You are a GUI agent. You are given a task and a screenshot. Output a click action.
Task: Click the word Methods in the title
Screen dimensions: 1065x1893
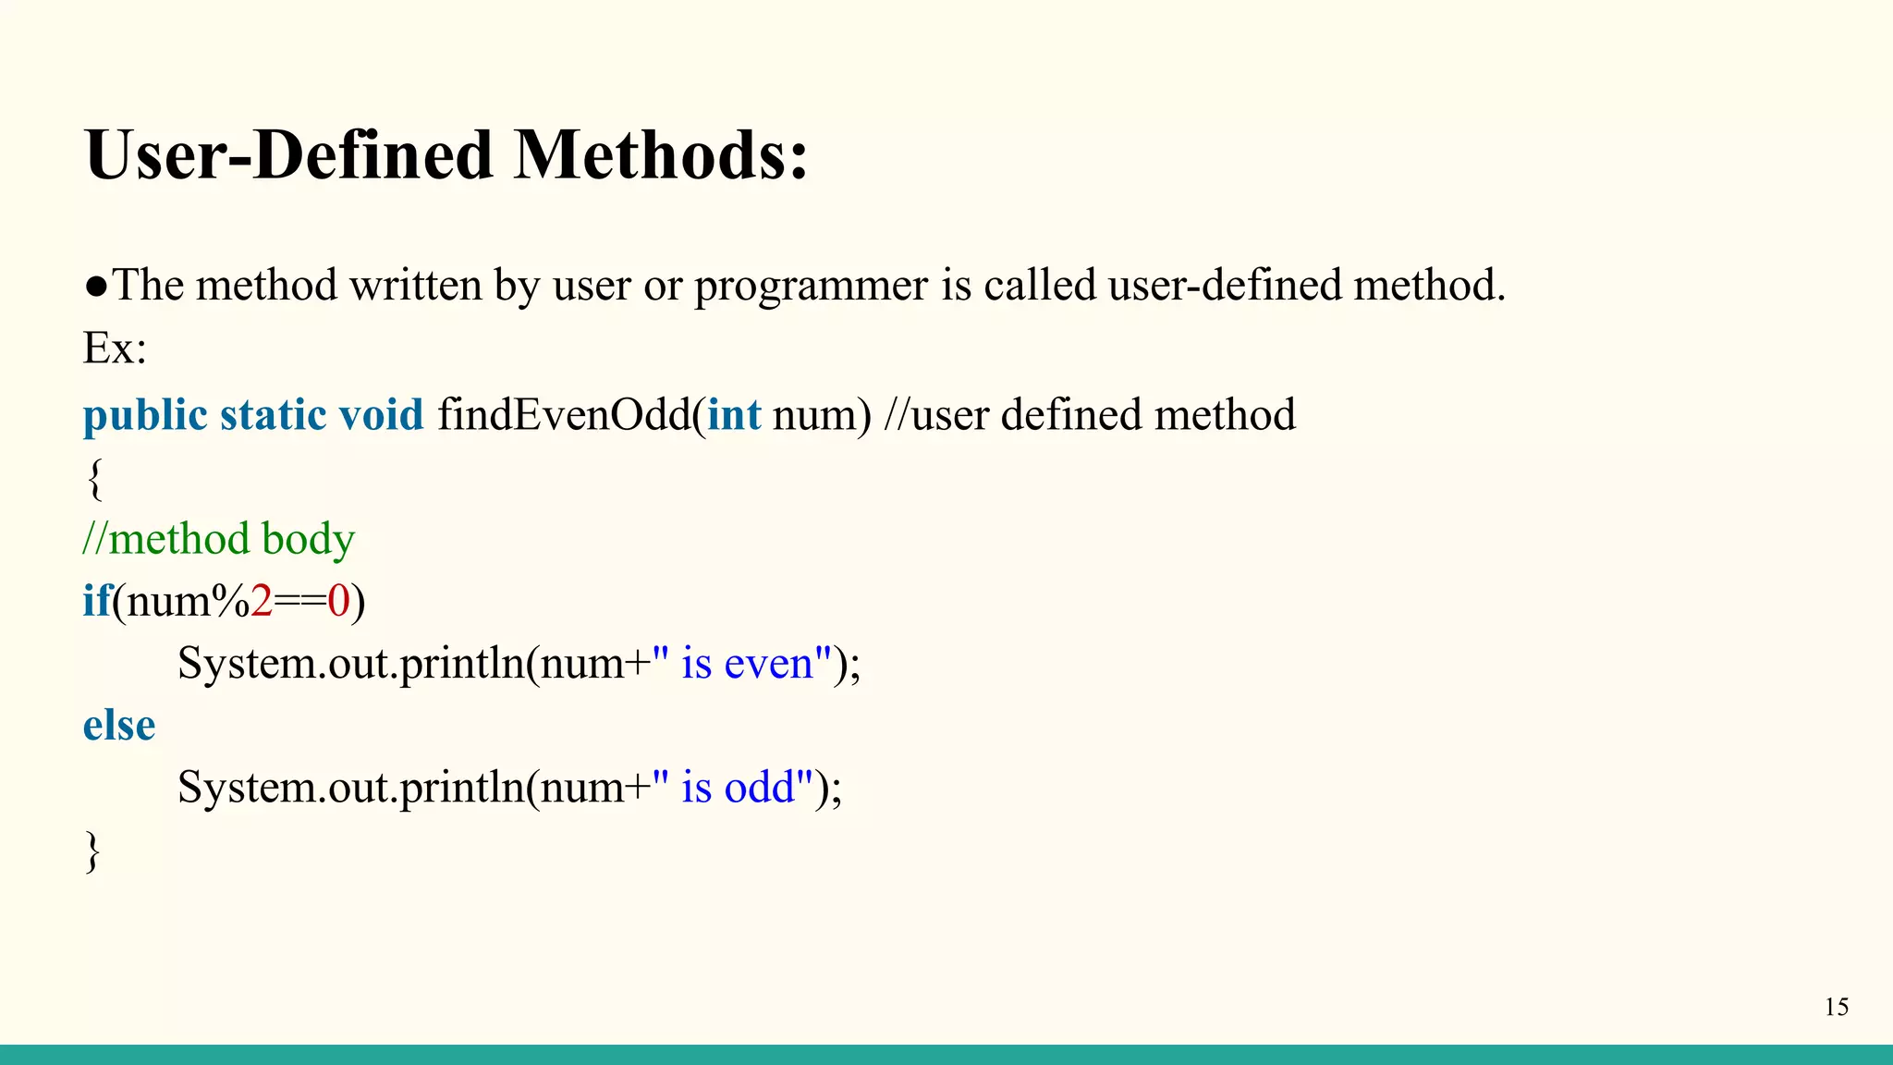660,155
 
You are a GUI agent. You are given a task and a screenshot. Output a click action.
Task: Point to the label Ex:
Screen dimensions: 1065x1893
115,349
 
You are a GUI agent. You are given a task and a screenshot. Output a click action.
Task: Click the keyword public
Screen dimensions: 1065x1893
145,415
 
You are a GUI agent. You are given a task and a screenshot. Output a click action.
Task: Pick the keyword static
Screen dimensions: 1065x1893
273,415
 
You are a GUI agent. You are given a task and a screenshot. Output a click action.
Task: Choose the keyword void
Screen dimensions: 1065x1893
381,415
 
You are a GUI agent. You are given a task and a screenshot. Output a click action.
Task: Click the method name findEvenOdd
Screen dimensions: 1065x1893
564,415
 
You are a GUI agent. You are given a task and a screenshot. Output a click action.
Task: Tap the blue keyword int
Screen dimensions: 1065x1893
734,415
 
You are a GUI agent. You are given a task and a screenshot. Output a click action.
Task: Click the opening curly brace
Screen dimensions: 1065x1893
94,479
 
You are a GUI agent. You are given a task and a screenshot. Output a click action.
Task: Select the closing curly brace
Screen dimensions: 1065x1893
92,851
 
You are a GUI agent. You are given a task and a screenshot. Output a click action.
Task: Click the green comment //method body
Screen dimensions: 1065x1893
219,539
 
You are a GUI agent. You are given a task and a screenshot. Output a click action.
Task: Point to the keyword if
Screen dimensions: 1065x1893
96,601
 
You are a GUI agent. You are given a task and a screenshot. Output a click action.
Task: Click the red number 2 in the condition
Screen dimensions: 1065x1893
262,602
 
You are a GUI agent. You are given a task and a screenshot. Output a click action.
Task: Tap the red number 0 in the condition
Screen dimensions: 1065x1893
338,602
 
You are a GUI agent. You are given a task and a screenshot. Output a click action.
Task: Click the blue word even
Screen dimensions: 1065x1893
768,664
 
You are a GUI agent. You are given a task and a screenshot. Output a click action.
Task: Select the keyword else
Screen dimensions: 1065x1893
119,726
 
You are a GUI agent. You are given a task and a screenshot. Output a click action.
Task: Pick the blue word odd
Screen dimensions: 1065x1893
759,788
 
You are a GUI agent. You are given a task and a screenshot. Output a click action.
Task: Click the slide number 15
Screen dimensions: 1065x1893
1836,1007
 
